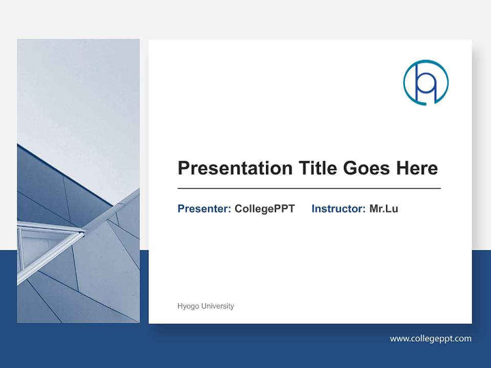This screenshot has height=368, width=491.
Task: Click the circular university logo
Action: pos(426,82)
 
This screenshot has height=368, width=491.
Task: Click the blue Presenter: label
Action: pos(204,209)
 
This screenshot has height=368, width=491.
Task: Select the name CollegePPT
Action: pos(264,209)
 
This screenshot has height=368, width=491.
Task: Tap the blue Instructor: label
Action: pos(338,209)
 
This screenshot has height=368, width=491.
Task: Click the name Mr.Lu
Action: pos(384,209)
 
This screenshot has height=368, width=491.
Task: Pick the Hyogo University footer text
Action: pos(206,306)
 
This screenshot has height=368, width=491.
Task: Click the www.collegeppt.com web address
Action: pos(431,338)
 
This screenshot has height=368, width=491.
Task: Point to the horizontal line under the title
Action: pos(309,189)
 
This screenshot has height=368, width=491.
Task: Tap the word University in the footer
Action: pos(217,306)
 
